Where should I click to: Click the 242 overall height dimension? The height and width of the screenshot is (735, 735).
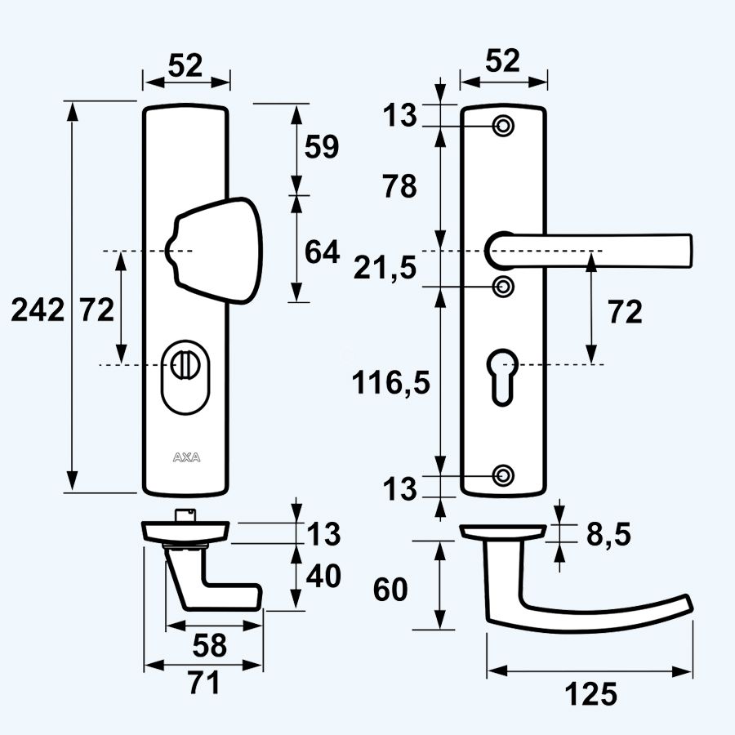[37, 310]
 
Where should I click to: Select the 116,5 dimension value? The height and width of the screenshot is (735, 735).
[390, 381]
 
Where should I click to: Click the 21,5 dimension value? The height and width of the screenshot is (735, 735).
[385, 266]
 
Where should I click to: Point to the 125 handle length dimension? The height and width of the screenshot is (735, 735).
[590, 694]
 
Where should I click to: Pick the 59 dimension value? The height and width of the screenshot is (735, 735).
[321, 147]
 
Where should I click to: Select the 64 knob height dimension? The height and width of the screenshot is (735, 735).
[321, 252]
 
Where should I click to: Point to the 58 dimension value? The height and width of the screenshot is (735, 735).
[210, 645]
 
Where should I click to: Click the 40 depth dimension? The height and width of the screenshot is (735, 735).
[324, 577]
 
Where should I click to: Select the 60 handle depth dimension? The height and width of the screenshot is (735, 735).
[390, 588]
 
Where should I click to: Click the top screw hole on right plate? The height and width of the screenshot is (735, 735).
[504, 126]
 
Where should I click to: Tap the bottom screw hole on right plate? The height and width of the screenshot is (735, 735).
[504, 475]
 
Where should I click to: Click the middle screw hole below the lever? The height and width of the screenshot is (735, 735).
[504, 286]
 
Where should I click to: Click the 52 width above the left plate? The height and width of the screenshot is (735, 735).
[185, 65]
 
